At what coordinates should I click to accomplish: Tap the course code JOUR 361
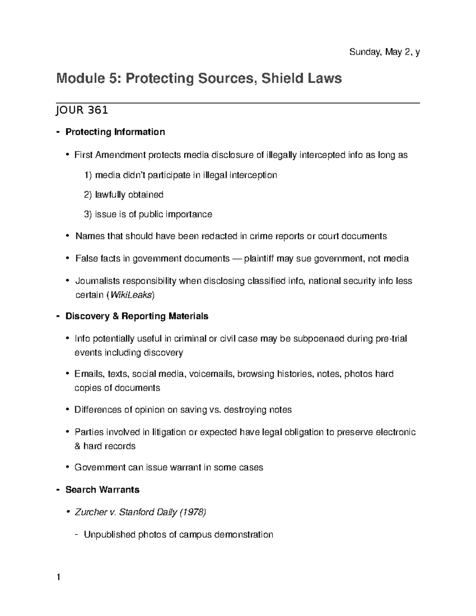pos(82,110)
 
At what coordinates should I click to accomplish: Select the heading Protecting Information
pos(115,132)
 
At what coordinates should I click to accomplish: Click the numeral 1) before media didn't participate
pos(88,175)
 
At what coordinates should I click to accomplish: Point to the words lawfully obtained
pos(129,195)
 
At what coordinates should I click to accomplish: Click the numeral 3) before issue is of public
pos(88,215)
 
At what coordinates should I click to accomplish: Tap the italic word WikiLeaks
pos(131,295)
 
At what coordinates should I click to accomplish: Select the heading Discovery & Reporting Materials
pos(137,316)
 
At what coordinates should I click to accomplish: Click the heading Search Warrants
pos(102,490)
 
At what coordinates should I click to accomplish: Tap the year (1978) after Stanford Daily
pos(193,512)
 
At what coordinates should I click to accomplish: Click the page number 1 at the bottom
pos(58,577)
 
